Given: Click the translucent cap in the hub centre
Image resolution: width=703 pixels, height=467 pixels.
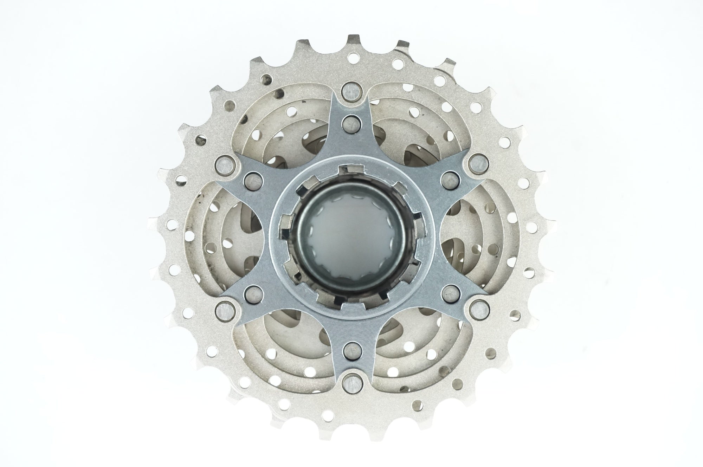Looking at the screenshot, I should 351,234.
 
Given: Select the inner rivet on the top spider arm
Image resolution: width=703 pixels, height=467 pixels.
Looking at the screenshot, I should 351,122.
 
